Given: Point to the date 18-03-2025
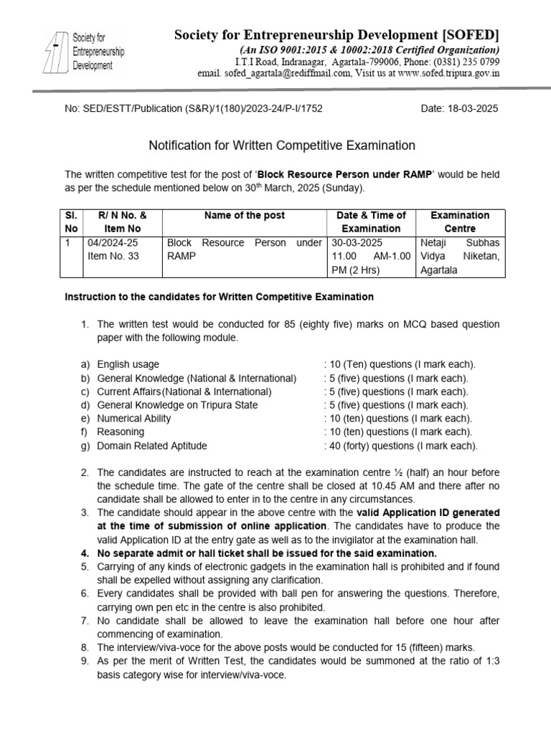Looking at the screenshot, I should (471, 108).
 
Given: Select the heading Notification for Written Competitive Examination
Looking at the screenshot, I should (281, 146).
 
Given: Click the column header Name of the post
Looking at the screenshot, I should (244, 215).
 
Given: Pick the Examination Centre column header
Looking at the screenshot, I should (459, 221).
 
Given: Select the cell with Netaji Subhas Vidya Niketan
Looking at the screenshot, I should (459, 257).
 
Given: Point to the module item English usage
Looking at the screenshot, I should (128, 364).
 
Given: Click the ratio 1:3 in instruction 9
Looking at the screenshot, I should (489, 660).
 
